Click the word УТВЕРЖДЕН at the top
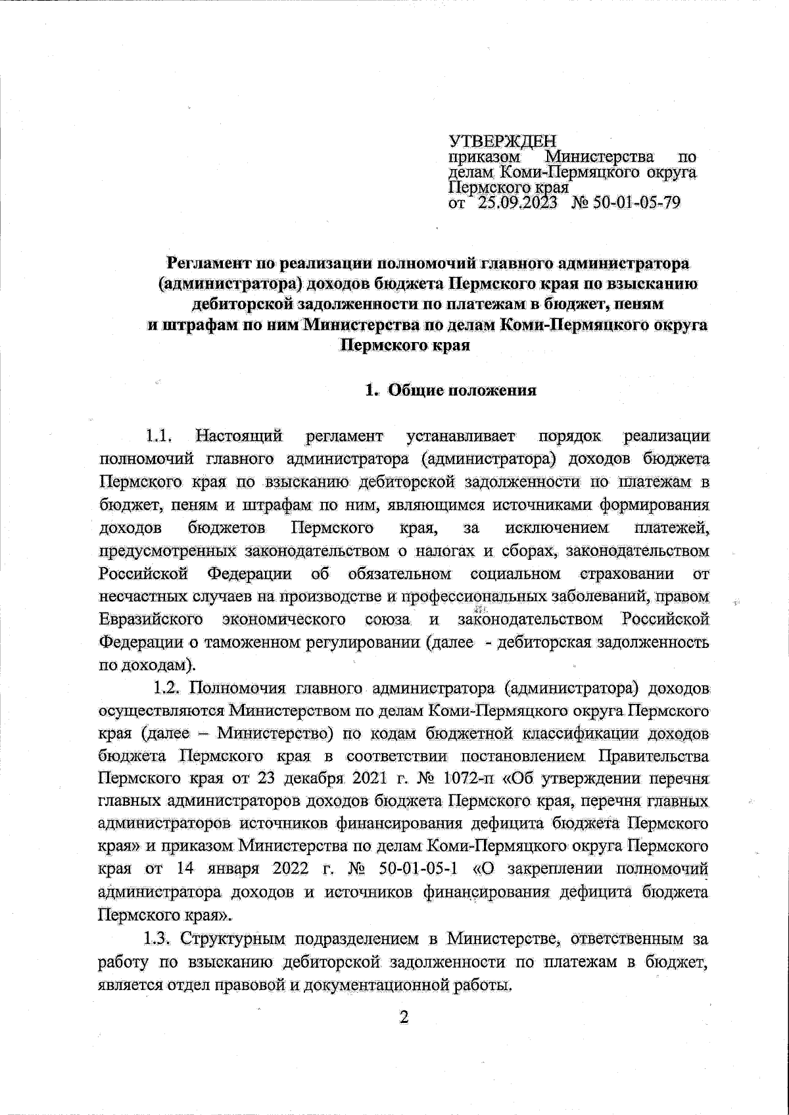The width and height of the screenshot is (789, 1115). click(x=502, y=141)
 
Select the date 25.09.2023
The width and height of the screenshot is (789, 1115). click(x=516, y=203)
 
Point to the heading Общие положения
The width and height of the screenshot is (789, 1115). click(x=462, y=390)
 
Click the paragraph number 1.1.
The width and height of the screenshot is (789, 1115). click(x=159, y=435)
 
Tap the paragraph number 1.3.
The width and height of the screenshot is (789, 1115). click(x=158, y=938)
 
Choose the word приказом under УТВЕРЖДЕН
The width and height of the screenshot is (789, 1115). click(x=485, y=158)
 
